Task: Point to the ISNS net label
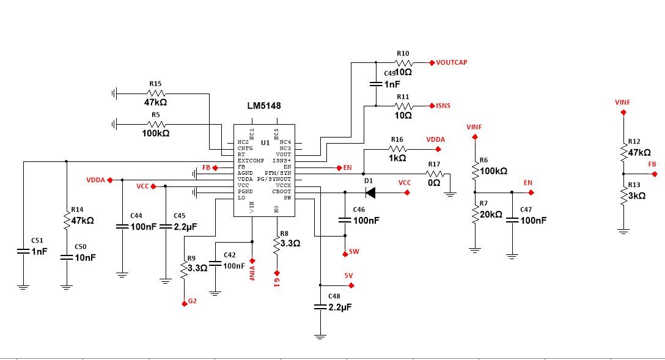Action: (x=443, y=106)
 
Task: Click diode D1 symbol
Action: (x=370, y=193)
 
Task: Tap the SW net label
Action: (x=354, y=252)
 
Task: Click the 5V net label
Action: (x=349, y=276)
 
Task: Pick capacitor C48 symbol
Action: (x=319, y=307)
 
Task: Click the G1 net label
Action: (x=277, y=282)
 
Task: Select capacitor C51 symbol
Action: (x=23, y=251)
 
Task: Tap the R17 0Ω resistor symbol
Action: (x=433, y=174)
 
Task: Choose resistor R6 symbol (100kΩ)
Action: (x=474, y=172)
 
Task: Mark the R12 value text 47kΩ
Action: (x=639, y=152)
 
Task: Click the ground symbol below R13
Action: (x=623, y=231)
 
